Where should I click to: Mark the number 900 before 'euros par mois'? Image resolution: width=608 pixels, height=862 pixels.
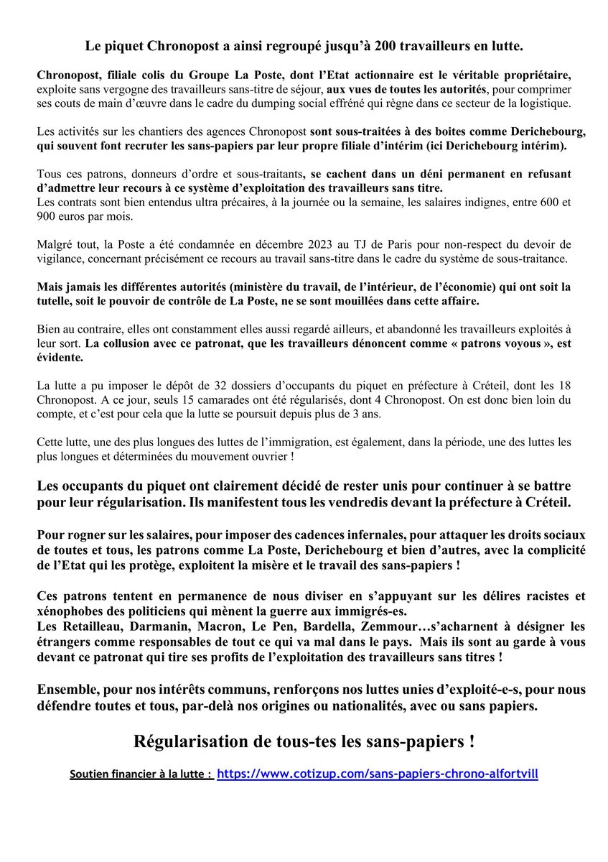pyautogui.click(x=47, y=217)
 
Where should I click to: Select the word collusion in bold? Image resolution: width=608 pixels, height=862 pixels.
pyautogui.click(x=130, y=343)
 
